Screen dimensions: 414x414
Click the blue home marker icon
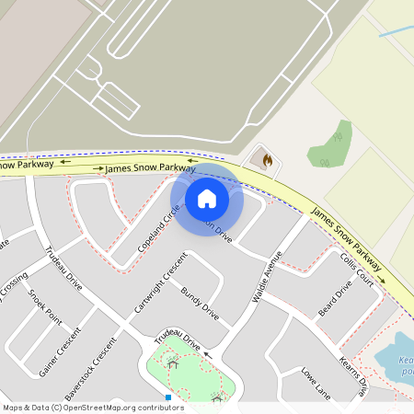[x=207, y=199]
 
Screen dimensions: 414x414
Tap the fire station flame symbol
[x=267, y=160]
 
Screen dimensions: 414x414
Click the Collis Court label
[x=357, y=268]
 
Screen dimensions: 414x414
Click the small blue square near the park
[x=168, y=397]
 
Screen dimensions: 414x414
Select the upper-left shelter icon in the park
[x=173, y=362]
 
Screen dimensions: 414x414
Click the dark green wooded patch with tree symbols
[x=330, y=144]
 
